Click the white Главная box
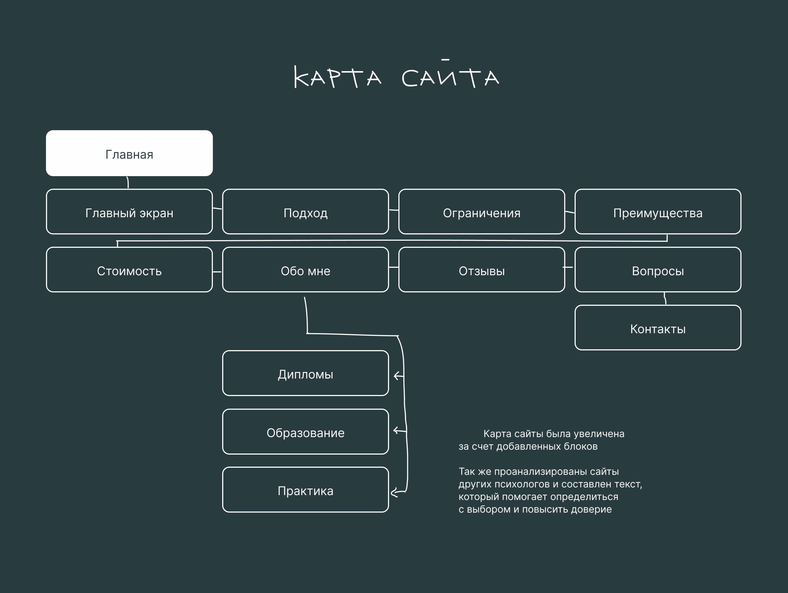click(129, 153)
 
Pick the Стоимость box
click(129, 270)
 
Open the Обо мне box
click(305, 270)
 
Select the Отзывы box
click(482, 270)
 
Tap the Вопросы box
click(657, 270)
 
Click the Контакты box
click(657, 328)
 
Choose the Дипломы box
click(305, 373)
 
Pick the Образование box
click(305, 432)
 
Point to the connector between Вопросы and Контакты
click(665, 298)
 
